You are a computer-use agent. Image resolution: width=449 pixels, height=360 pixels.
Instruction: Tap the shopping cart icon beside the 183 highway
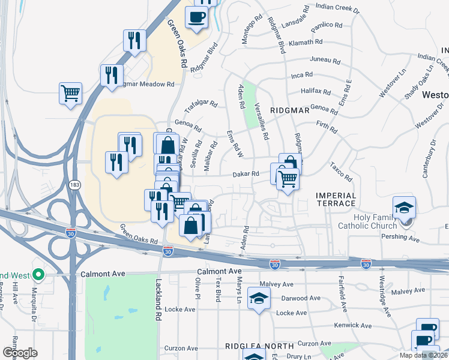point(70,94)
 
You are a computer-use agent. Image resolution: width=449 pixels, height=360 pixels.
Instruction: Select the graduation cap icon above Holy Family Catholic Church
point(405,208)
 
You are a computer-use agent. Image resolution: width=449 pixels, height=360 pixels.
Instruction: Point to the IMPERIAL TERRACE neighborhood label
point(336,200)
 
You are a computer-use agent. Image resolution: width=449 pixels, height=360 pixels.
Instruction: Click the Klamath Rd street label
point(306,43)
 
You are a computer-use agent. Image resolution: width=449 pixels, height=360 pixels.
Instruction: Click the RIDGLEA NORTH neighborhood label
point(259,346)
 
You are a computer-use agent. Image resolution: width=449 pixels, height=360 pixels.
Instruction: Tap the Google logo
point(20,353)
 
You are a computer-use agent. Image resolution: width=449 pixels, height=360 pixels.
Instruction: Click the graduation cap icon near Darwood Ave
point(259,298)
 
